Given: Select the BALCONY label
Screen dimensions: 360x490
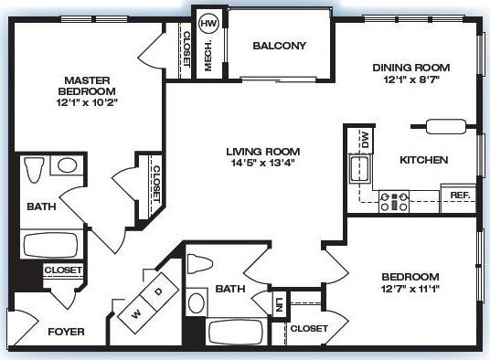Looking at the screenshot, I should [x=279, y=46].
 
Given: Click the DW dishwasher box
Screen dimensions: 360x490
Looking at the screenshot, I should [x=365, y=141].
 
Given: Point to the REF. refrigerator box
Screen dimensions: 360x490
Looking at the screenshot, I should [x=459, y=196].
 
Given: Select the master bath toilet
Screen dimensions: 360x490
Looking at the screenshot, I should [x=35, y=171].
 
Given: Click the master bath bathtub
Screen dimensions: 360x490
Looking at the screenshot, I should [x=51, y=245].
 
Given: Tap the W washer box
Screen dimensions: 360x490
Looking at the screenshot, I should [x=136, y=312].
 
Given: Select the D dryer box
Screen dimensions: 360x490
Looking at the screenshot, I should [x=158, y=291].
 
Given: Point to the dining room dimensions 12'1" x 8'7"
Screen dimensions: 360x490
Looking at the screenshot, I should [x=411, y=80].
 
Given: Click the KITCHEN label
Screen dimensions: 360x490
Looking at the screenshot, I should [x=424, y=160].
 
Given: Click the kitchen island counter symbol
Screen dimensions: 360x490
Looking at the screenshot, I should [x=446, y=126].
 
